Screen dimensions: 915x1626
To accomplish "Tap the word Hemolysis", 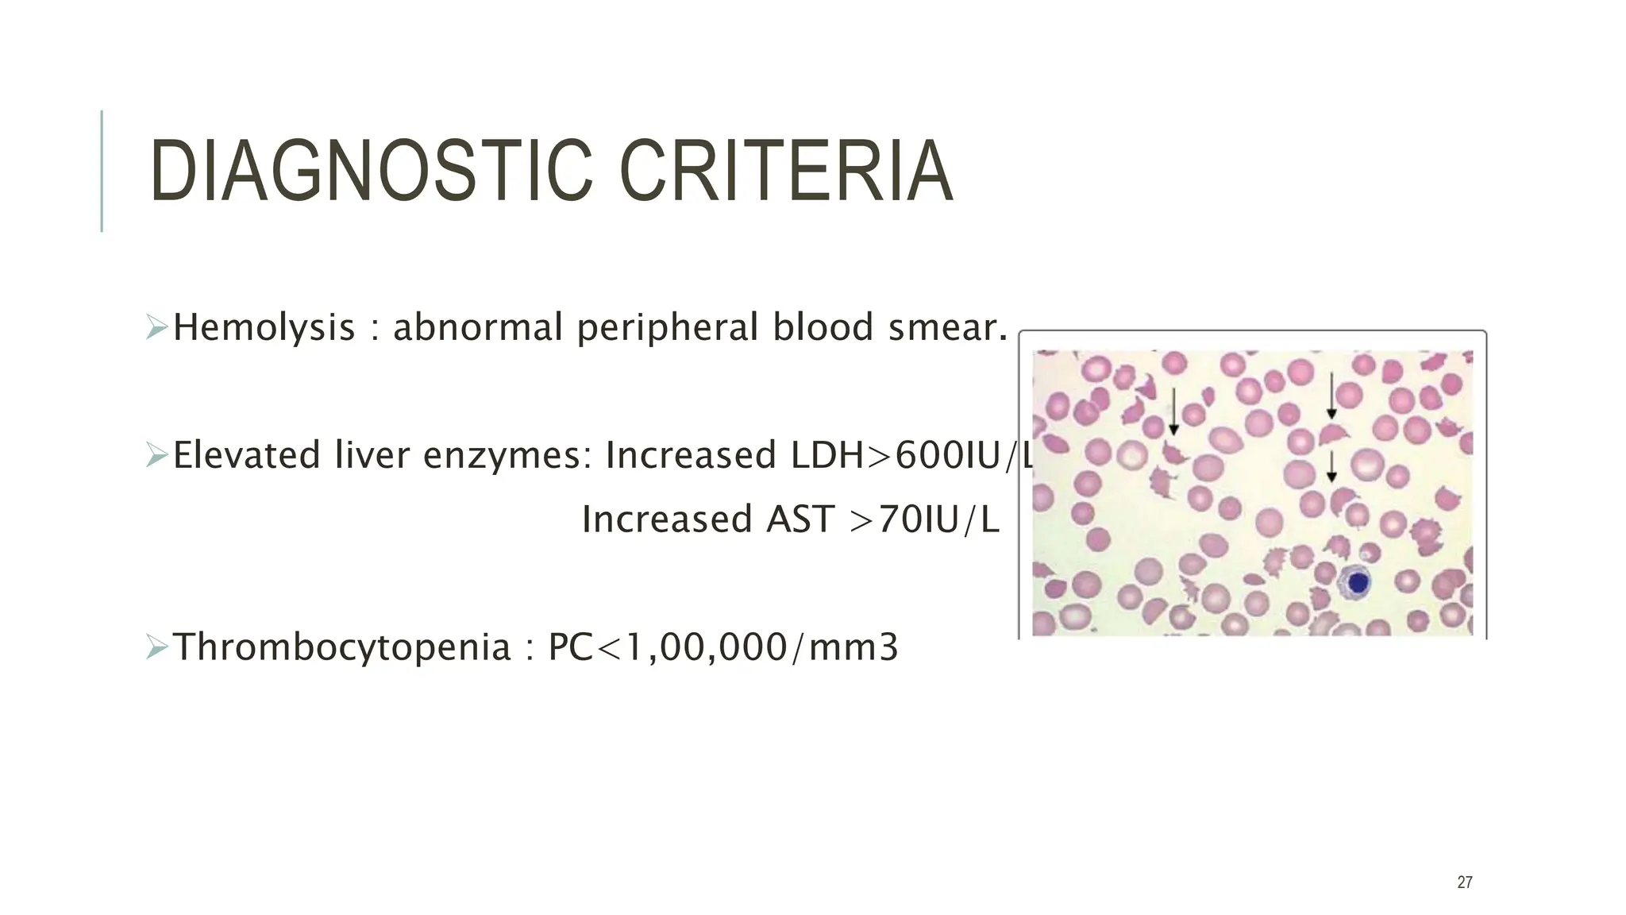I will (264, 328).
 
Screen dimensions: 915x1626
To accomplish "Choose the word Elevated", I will (246, 456).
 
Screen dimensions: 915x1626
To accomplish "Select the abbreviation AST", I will (800, 520).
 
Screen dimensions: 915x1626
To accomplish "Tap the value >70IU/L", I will (924, 520).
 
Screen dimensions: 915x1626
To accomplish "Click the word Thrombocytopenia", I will (341, 647).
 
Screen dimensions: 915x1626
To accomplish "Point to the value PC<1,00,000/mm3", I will (722, 647).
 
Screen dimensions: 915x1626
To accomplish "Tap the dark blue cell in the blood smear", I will (1358, 583).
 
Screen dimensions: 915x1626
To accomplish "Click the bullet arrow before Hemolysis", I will (156, 327).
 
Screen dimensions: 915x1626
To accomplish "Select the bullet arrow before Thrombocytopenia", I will (156, 647).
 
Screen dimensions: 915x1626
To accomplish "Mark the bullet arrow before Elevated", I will (156, 455).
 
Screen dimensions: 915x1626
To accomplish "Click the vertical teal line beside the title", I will (102, 171).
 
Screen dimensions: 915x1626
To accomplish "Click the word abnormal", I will (478, 328).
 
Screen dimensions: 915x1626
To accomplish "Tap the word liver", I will (371, 456).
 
